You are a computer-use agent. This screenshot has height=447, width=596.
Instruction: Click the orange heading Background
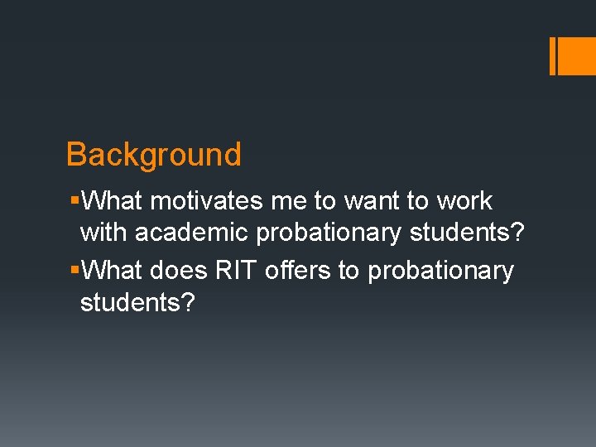[153, 155]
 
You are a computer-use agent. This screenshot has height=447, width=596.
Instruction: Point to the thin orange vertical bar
[552, 55]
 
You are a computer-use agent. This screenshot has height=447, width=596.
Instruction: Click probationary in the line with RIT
[440, 271]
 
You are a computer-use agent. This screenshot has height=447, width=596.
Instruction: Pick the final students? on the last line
[137, 304]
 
